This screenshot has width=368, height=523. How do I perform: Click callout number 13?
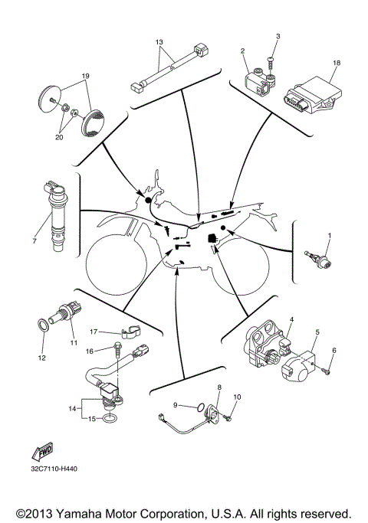click(x=159, y=41)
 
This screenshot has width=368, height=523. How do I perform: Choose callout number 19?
click(x=85, y=76)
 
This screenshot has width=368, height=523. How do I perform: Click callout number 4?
click(x=291, y=317)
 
